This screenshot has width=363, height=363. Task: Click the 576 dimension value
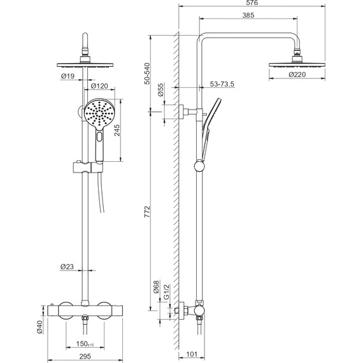point(252,3)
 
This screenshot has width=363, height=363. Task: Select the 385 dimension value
point(248,15)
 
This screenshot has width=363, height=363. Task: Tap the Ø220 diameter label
point(297,75)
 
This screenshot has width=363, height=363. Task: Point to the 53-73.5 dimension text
point(222,84)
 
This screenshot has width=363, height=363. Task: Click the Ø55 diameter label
point(160,90)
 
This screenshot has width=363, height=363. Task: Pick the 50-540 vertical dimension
point(147,74)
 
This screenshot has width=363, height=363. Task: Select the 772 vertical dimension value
point(147,211)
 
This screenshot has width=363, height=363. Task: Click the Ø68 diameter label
point(157,287)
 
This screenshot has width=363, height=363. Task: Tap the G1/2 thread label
point(166,292)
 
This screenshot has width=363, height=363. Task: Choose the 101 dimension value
point(192,354)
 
